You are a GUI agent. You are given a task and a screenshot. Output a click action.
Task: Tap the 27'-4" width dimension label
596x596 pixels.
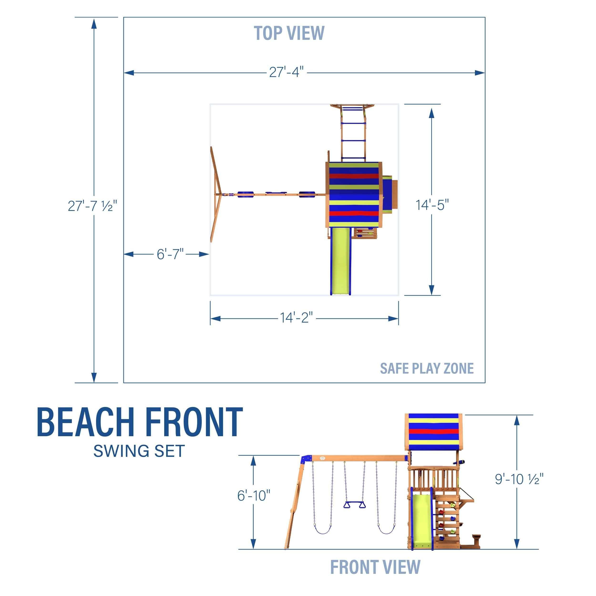(x=286, y=72)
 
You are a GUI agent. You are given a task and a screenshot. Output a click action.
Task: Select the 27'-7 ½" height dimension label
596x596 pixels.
(x=92, y=206)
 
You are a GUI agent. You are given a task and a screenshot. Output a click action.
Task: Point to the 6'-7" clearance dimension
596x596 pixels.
(x=170, y=254)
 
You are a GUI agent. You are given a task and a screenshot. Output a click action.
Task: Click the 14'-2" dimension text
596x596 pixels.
(x=296, y=318)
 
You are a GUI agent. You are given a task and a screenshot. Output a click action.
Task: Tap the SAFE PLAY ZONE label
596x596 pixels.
(x=427, y=368)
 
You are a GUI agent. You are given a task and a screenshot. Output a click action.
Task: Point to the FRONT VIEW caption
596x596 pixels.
(x=375, y=567)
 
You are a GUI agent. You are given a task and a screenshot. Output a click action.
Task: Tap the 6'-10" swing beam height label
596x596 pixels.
(x=254, y=496)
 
